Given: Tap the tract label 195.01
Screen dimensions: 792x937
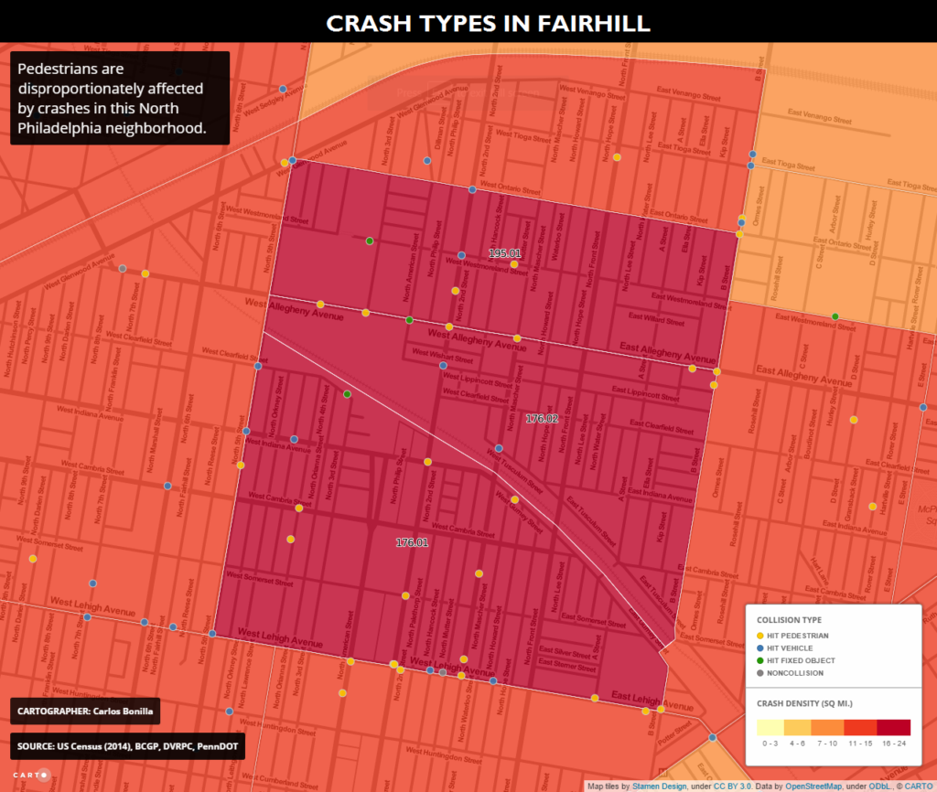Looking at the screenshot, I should [504, 253].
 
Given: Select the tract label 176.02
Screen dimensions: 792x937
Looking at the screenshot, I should [542, 418].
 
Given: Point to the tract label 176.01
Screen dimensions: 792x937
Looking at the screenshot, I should [412, 542].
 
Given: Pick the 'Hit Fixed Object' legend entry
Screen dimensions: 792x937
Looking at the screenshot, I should [802, 659].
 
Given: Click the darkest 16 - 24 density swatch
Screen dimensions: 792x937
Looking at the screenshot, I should [893, 728].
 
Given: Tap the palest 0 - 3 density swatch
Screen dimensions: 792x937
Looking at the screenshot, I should [770, 728].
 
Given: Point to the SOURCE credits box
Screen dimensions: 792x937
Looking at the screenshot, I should [127, 746].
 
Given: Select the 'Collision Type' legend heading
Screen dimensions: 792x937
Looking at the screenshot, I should [789, 619].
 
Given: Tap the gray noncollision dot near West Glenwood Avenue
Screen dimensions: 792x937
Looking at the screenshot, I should [122, 268].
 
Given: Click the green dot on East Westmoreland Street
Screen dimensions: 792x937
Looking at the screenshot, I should [835, 316].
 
